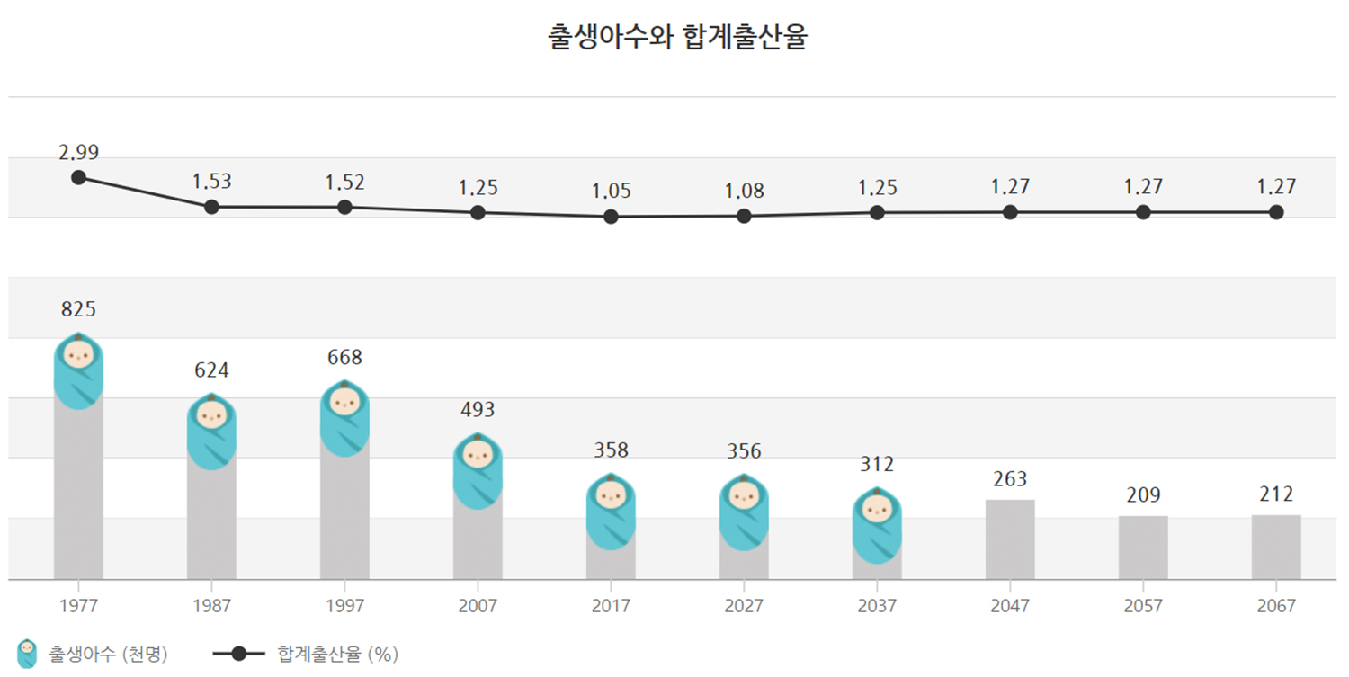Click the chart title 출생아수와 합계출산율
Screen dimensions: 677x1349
tap(677, 37)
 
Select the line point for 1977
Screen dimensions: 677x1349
tap(79, 177)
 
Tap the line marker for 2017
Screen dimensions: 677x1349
tap(611, 217)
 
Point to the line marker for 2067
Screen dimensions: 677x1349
tap(1276, 212)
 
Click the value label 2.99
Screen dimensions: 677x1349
tap(79, 153)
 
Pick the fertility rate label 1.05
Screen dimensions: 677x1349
tap(611, 192)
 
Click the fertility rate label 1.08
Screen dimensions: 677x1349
tap(744, 192)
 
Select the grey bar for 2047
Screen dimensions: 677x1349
tap(1010, 539)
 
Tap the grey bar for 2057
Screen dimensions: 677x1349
tap(1143, 548)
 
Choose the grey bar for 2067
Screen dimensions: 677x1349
tap(1276, 547)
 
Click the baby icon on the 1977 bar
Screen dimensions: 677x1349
tap(78, 370)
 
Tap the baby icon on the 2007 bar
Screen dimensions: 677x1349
tap(478, 471)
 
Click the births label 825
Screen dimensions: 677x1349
tap(78, 310)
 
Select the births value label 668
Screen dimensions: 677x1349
tap(344, 358)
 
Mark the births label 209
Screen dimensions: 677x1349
tap(1143, 495)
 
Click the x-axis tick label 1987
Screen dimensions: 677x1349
tap(211, 606)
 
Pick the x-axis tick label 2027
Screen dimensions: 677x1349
tap(744, 606)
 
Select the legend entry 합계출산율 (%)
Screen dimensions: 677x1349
tap(306, 654)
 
